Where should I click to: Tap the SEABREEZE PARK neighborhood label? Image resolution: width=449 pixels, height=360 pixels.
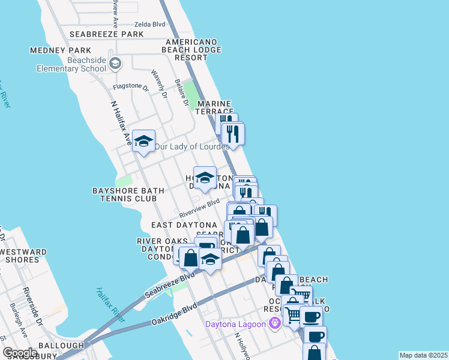[x=106, y=34]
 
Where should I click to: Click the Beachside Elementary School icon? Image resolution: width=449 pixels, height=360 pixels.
[x=116, y=63]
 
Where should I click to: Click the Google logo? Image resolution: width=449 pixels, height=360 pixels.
[x=20, y=352]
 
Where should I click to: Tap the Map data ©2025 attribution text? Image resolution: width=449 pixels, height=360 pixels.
[x=423, y=355]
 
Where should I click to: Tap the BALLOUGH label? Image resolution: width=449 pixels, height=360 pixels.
[x=61, y=346]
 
